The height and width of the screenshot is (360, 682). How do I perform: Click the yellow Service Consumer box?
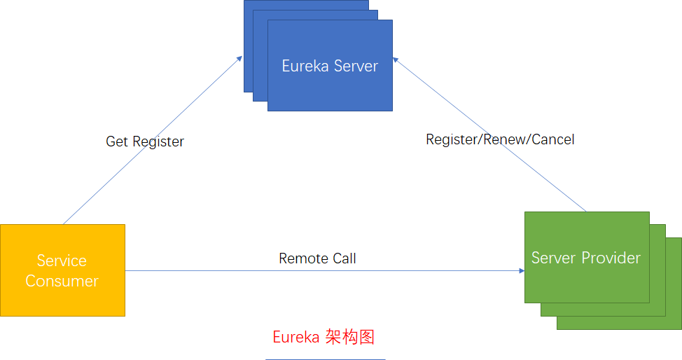click(x=62, y=270)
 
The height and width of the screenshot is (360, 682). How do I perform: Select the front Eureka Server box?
click(x=330, y=66)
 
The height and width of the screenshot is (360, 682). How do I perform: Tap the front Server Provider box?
click(x=587, y=258)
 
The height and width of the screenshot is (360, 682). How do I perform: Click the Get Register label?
click(x=145, y=141)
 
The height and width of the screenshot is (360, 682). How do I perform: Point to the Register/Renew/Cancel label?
click(x=500, y=139)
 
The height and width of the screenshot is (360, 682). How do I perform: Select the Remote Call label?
click(x=317, y=258)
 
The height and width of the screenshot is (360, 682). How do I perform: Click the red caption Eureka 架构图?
click(x=323, y=337)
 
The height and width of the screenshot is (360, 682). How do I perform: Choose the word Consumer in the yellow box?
click(x=62, y=281)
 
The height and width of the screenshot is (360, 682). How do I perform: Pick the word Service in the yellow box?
click(x=62, y=261)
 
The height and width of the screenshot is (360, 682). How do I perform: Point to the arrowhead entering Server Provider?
click(x=521, y=270)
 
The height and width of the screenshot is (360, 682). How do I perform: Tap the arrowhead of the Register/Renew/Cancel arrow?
click(x=396, y=61)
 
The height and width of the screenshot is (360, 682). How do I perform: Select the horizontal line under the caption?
click(x=325, y=359)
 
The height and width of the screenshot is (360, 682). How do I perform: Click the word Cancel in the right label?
click(x=553, y=139)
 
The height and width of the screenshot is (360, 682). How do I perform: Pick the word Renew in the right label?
click(x=505, y=139)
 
